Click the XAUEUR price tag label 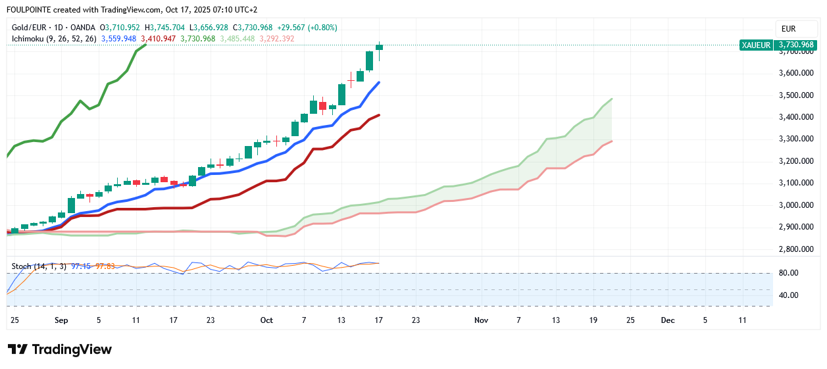(756, 45)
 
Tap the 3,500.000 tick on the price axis (797, 95)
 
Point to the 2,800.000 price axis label (797, 249)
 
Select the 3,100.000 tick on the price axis (797, 183)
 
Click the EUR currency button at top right (788, 29)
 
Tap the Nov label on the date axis (481, 320)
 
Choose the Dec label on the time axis (668, 320)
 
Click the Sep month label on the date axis (61, 320)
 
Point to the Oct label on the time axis (266, 320)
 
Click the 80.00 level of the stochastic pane (788, 273)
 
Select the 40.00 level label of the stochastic (788, 295)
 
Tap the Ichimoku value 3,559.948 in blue (118, 39)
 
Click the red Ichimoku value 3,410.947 (159, 39)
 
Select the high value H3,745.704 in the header (168, 28)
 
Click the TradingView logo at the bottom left (60, 349)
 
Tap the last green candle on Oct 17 (380, 47)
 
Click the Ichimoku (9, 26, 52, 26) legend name (54, 39)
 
